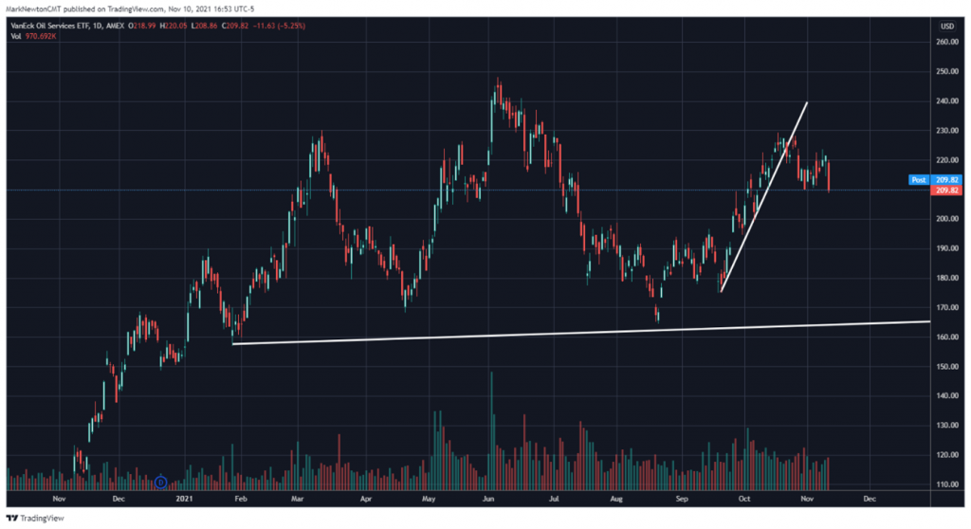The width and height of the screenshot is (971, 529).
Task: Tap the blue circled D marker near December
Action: click(x=161, y=483)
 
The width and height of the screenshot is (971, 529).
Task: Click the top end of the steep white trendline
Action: click(x=807, y=102)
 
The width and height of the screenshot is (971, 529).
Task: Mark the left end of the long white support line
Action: click(x=232, y=343)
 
